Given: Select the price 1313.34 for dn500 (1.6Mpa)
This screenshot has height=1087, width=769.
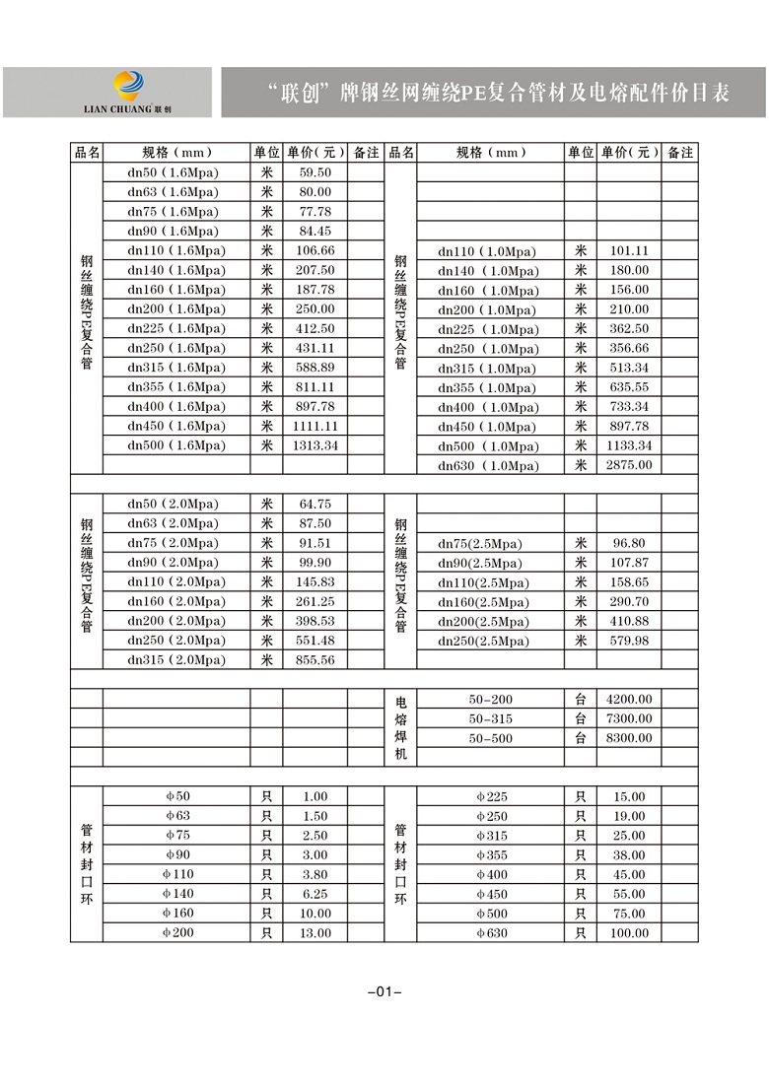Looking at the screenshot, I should [315, 445].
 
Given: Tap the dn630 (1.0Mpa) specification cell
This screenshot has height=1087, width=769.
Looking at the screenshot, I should [488, 465].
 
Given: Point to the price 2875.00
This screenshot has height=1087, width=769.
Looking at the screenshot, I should [630, 465].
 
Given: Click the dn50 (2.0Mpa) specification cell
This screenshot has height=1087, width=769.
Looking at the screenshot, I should [175, 504].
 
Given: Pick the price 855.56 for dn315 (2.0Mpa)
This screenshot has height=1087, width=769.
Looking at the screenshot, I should [315, 659].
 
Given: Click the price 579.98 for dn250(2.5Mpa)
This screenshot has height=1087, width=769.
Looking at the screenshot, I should [630, 641].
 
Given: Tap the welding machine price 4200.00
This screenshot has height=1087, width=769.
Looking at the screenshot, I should [630, 699].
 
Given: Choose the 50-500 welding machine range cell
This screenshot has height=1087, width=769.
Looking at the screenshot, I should [490, 738].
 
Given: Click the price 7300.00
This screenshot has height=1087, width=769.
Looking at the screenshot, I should [630, 718].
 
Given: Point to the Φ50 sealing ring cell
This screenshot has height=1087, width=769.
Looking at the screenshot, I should [176, 796].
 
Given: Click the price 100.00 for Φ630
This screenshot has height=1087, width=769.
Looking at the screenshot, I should [630, 933].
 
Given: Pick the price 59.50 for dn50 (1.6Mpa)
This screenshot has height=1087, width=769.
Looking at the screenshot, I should [315, 172].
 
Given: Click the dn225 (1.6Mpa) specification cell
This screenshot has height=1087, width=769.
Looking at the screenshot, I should [175, 328].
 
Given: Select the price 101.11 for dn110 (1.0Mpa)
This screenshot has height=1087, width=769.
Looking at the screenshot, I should [630, 251].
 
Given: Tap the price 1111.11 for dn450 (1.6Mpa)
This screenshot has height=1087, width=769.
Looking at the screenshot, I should [315, 426].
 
